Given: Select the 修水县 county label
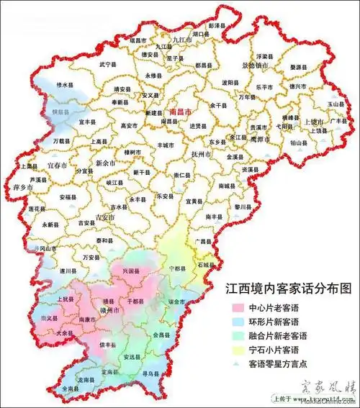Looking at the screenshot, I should [66, 85].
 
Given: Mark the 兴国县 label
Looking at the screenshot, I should [130, 271].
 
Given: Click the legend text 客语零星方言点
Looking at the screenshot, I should [276, 364].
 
